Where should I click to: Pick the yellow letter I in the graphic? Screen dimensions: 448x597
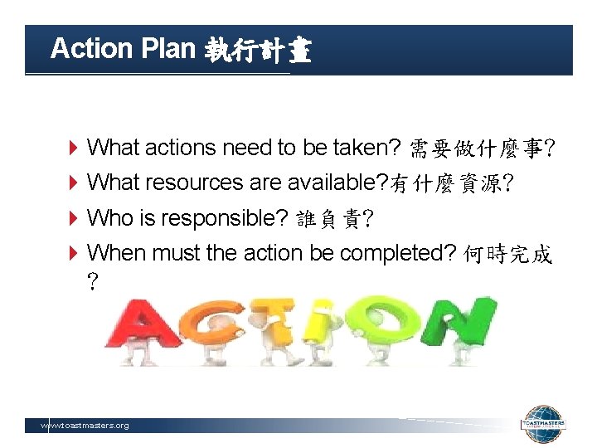point(328,323)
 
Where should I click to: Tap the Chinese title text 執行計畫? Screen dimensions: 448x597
point(257,51)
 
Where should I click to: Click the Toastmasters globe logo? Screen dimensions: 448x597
point(543,426)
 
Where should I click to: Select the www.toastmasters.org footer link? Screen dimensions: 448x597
point(85,426)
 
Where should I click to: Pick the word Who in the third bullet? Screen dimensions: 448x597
point(104,218)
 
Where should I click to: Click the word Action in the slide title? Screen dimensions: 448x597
point(91,49)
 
